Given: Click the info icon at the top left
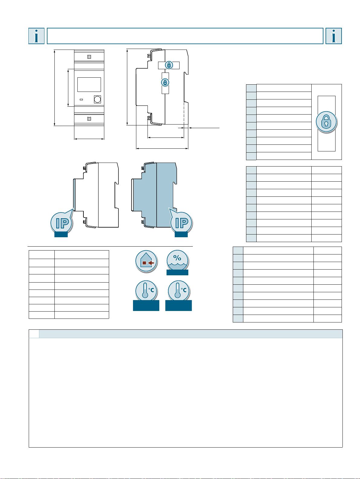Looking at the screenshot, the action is pyautogui.click(x=37, y=36).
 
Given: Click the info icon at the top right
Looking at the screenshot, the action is pyautogui.click(x=334, y=36).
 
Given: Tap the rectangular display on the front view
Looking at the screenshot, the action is pyautogui.click(x=89, y=84).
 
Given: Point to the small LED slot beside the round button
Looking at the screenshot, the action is pyautogui.click(x=81, y=99).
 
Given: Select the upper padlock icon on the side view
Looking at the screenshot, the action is pyautogui.click(x=169, y=65).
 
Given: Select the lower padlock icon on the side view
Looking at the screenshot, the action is pyautogui.click(x=165, y=83).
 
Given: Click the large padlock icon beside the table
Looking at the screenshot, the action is pyautogui.click(x=326, y=122).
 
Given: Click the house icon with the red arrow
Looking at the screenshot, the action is pyautogui.click(x=146, y=261).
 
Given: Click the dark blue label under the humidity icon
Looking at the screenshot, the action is pyautogui.click(x=177, y=272).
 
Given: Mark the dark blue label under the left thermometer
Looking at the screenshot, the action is pyautogui.click(x=146, y=306).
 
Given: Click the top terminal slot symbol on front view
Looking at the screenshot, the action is pyautogui.click(x=89, y=57).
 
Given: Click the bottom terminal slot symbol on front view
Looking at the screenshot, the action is pyautogui.click(x=89, y=119).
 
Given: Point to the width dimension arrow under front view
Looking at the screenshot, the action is pyautogui.click(x=89, y=139).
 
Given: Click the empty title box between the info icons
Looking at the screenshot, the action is pyautogui.click(x=185, y=36).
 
